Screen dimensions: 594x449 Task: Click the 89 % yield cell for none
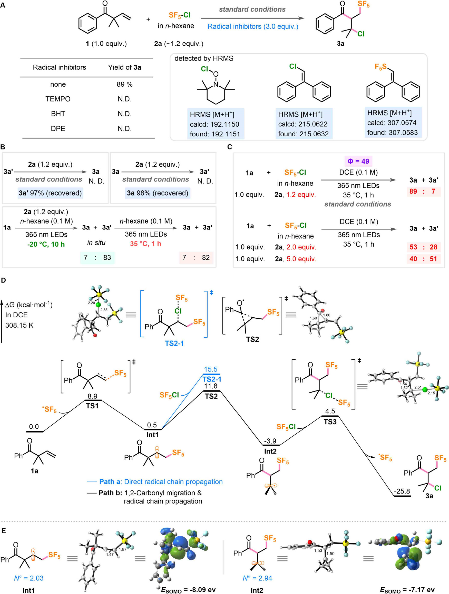pos(124,84)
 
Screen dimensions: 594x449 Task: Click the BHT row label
pos(58,114)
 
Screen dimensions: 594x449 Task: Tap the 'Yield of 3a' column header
pos(124,67)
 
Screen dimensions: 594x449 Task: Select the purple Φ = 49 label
pos(358,161)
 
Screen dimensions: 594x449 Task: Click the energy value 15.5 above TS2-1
pos(211,369)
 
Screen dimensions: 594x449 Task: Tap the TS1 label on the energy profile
pos(92,406)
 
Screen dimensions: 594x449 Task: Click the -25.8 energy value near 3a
pos(402,491)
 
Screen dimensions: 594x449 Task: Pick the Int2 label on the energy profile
pos(270,451)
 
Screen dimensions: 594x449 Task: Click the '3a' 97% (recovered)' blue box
pos(50,193)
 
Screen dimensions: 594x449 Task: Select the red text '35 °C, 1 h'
pos(146,244)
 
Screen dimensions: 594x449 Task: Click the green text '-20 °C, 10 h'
pos(46,244)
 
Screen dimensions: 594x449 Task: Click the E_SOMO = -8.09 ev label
pos(188,590)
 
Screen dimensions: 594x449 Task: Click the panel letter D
pos(4,280)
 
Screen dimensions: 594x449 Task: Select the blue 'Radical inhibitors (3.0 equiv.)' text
pos(253,27)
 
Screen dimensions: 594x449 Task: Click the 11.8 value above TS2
pos(211,386)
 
